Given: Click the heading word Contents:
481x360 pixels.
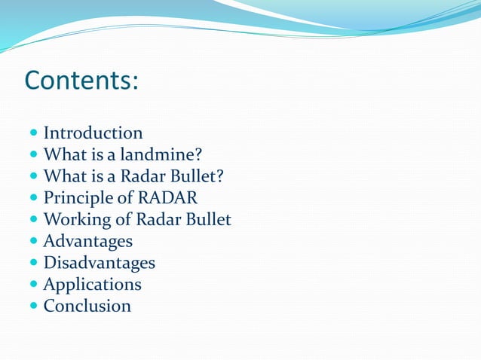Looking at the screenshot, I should click(81, 79).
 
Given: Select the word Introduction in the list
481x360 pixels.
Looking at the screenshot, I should click(93, 133).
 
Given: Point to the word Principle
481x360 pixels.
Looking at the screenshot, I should click(74, 199).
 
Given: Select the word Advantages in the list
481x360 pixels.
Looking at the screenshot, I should click(87, 242).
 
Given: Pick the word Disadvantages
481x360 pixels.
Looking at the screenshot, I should click(99, 263).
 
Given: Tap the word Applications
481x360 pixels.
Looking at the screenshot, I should click(92, 285).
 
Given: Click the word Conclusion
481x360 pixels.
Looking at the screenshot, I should click(87, 307).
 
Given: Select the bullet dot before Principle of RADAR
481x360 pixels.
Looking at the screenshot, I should click(35, 199).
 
